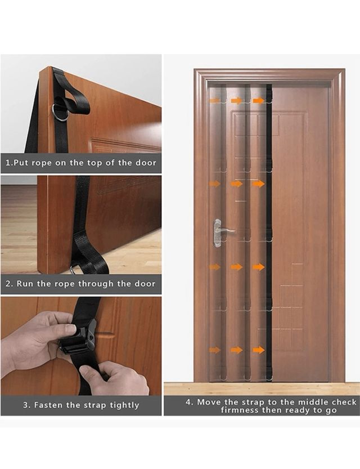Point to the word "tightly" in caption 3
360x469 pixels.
pyautogui.click(x=124, y=405)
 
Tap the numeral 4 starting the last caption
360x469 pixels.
pyautogui.click(x=188, y=402)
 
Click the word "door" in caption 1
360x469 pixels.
pyautogui.click(x=146, y=163)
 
